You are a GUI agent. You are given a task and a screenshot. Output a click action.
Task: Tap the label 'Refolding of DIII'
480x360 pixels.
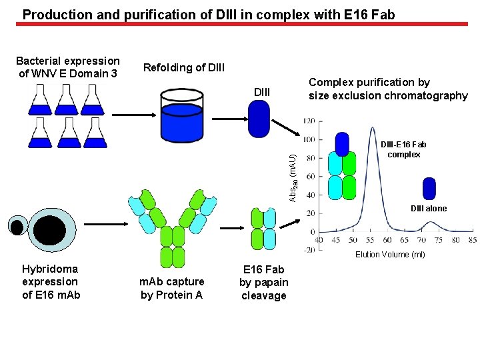pyautogui.click(x=184, y=67)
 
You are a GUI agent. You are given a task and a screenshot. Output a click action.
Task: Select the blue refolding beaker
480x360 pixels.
pyautogui.click(x=189, y=117)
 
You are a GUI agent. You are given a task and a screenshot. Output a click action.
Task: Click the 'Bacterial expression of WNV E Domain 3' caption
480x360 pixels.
pyautogui.click(x=68, y=67)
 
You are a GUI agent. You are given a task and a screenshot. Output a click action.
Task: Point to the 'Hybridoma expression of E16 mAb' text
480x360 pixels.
pyautogui.click(x=51, y=281)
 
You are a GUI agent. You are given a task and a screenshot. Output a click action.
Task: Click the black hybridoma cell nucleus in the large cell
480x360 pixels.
pyautogui.click(x=50, y=231)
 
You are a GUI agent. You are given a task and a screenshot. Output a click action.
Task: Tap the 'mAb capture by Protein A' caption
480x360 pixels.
pyautogui.click(x=171, y=288)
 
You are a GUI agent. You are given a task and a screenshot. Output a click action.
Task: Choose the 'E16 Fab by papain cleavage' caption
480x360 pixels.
pyautogui.click(x=263, y=282)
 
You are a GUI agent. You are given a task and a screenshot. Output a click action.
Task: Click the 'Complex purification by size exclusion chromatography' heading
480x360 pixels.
pyautogui.click(x=387, y=89)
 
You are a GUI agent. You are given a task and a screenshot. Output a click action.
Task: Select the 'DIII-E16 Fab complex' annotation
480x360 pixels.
pyautogui.click(x=403, y=149)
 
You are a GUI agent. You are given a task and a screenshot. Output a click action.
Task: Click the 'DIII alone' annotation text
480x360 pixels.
pyautogui.click(x=429, y=209)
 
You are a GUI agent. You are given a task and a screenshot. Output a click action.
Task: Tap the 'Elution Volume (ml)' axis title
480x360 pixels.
pyautogui.click(x=390, y=254)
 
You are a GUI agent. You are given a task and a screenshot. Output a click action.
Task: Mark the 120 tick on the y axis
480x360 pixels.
pyautogui.click(x=309, y=122)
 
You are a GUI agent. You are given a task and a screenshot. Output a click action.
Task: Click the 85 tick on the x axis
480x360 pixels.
pyautogui.click(x=472, y=240)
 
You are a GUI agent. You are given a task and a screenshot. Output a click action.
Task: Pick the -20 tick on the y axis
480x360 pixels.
pyautogui.click(x=307, y=249)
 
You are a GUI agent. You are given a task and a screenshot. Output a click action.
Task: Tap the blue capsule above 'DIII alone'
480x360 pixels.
pyautogui.click(x=429, y=189)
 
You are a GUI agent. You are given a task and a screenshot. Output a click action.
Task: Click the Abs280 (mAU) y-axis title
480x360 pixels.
pyautogui.click(x=293, y=177)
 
